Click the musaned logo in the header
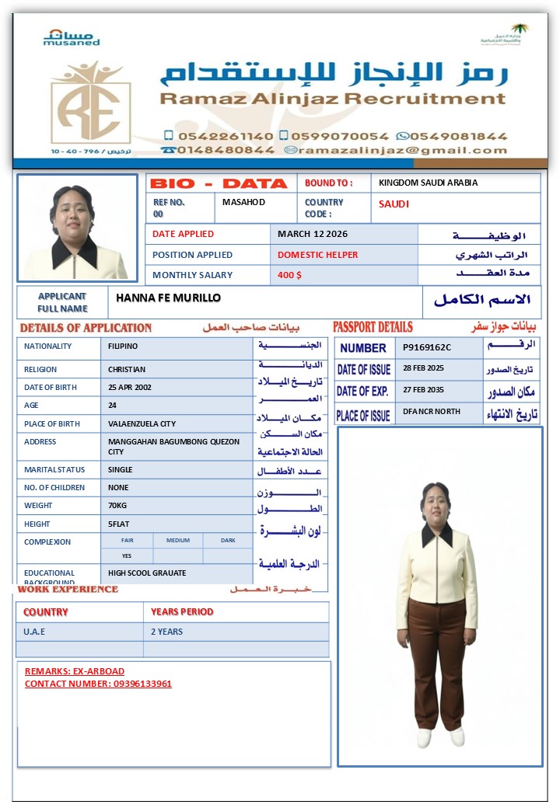72,38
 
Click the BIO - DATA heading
219,183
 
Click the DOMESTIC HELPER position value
318,255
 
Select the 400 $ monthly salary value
289,275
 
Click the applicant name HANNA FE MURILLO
169,298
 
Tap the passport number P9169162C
427,347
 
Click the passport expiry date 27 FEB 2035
423,390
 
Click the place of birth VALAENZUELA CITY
142,424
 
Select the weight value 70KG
119,506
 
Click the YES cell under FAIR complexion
127,556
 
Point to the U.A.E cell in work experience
35,632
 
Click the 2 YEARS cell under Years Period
167,632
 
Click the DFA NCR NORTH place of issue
432,412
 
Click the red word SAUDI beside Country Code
394,204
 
